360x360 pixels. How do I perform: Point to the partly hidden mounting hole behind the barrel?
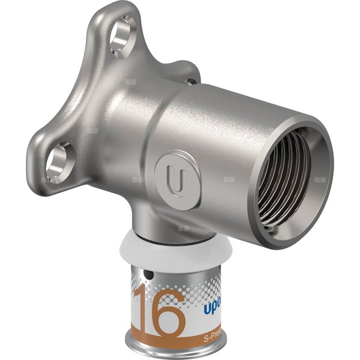click(190, 82)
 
